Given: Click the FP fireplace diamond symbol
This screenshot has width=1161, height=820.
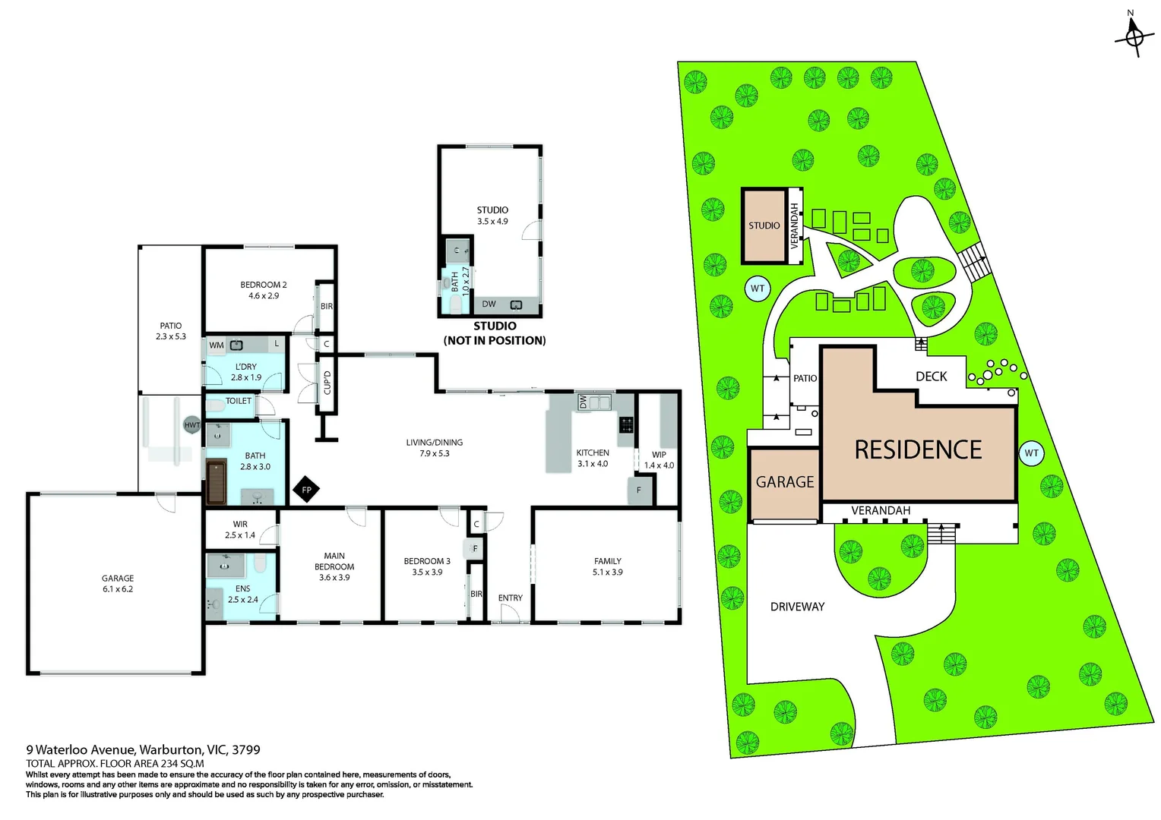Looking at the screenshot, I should click(306, 490).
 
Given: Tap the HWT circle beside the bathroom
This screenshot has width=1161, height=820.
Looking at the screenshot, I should click(192, 425).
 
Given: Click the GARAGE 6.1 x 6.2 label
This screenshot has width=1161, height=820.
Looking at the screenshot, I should click(118, 583).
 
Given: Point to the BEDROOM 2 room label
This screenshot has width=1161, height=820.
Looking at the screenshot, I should click(264, 290).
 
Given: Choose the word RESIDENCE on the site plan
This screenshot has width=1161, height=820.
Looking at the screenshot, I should click(918, 450).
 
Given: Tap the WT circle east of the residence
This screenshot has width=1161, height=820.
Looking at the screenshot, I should click(1031, 453).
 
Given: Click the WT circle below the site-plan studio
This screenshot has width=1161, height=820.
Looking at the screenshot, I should click(758, 289).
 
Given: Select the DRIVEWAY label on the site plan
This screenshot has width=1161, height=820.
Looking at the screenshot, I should click(797, 607).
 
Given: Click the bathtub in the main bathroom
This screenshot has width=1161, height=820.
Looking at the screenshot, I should click(217, 481).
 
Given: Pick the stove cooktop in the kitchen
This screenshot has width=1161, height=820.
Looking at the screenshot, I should click(627, 424).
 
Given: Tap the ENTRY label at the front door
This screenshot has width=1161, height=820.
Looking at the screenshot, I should click(511, 598).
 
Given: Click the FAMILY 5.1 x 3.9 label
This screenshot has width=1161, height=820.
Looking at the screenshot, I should click(607, 566).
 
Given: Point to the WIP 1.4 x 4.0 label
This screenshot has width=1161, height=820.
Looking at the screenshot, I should click(659, 460).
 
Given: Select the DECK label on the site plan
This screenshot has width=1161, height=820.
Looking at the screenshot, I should click(931, 377).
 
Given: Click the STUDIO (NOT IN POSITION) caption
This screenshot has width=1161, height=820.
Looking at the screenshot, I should click(495, 333).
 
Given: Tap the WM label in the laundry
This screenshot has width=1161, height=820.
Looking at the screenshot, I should click(217, 345).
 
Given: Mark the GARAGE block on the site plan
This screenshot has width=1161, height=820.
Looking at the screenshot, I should click(785, 483).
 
